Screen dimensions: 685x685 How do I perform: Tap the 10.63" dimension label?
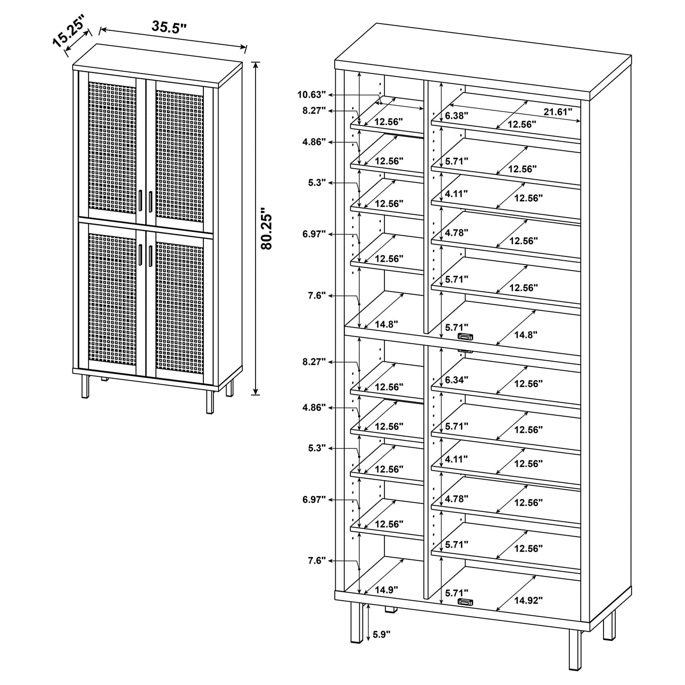point(311,94)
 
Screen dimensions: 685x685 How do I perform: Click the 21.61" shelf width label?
point(557,112)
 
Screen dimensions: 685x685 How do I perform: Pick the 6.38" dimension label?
point(457,115)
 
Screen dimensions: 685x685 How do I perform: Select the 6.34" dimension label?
point(457,380)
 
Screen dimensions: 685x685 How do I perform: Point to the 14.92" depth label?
point(528,601)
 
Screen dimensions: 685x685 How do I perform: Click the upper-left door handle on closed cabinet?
point(142,201)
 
